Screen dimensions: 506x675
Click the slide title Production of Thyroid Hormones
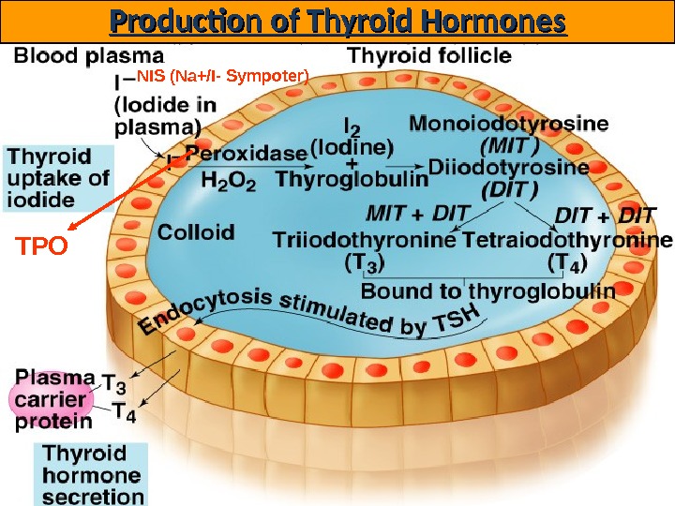pos(337,21)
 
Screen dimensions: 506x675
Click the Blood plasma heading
pos(89,55)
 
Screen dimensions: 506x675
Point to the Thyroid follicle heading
pos(429,55)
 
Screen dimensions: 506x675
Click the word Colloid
pos(197,231)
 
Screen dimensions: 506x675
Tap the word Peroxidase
pos(246,153)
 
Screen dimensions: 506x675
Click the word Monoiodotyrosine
pos(509,123)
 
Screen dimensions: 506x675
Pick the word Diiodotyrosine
pos(509,168)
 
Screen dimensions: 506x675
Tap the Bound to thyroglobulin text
pos(487,290)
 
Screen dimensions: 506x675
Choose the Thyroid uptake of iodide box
pos(59,177)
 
